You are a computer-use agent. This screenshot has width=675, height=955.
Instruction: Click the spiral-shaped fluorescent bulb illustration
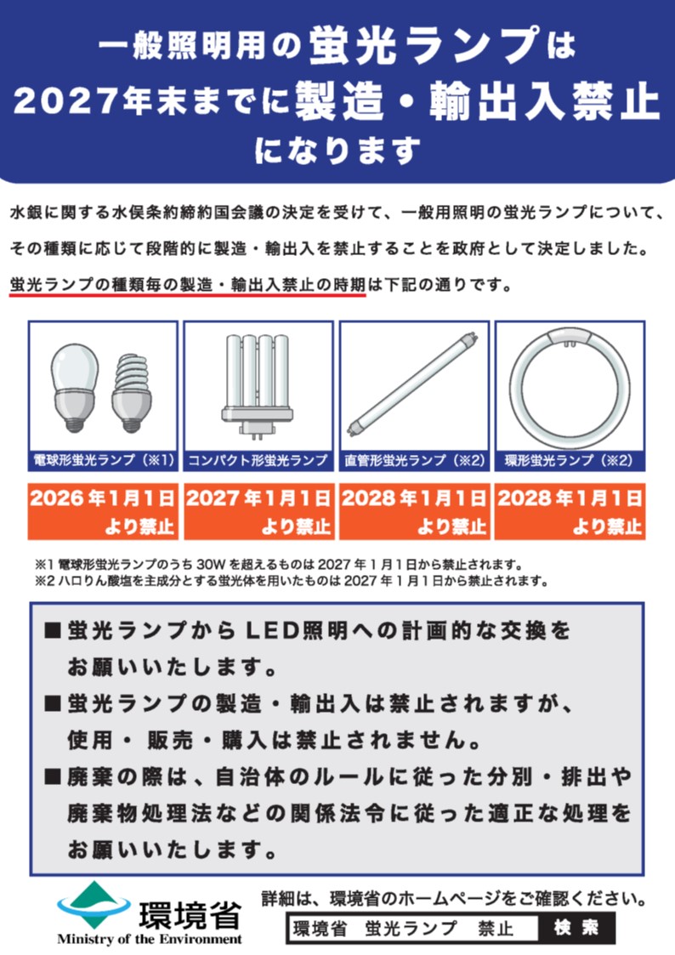click(134, 391)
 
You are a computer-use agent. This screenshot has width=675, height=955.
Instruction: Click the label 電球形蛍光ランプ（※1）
click(104, 460)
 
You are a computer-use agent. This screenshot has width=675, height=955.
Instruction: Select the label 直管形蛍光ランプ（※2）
click(414, 460)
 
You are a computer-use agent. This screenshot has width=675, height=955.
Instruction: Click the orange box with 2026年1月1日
click(104, 511)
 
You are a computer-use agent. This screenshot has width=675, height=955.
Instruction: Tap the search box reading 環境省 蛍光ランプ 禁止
click(412, 928)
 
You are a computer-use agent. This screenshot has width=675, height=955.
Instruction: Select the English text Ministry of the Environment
click(150, 940)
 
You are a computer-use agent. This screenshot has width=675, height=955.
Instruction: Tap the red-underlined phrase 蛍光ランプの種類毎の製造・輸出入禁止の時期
click(187, 286)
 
